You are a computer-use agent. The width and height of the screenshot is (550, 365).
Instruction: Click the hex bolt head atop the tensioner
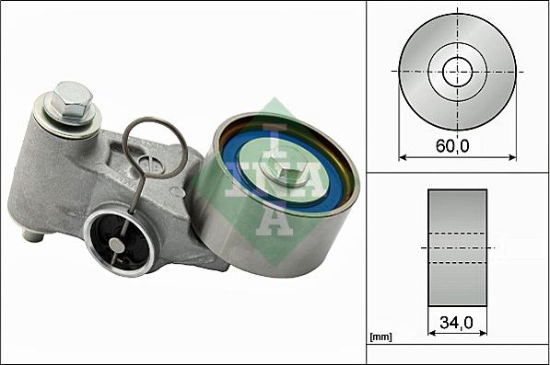click(x=72, y=97)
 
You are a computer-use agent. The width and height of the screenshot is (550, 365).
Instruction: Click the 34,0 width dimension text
click(x=458, y=323)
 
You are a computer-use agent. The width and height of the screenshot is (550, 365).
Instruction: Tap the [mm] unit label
click(x=380, y=337)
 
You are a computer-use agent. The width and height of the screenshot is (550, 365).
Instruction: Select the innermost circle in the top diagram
click(x=457, y=72)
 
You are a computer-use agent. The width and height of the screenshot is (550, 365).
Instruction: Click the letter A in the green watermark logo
click(x=274, y=217)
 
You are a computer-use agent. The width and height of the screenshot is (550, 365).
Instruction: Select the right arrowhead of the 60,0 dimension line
click(x=511, y=156)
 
